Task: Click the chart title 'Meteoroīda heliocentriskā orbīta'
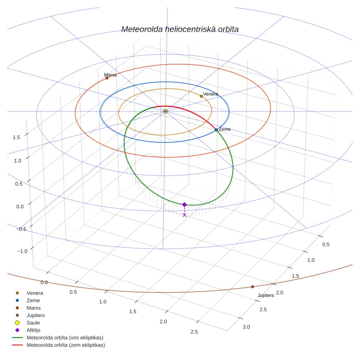pyautogui.click(x=180, y=30)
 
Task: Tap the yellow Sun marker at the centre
pyautogui.click(x=165, y=111)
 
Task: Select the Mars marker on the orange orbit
pyautogui.click(x=107, y=78)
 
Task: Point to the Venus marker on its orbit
pyautogui.click(x=201, y=96)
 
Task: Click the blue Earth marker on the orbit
pyautogui.click(x=216, y=130)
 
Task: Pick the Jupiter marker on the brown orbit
pyautogui.click(x=252, y=287)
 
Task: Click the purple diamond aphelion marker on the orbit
pyautogui.click(x=184, y=205)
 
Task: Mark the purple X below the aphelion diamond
pyautogui.click(x=184, y=215)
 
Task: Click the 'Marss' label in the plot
pyautogui.click(x=111, y=75)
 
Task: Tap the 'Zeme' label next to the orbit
pyautogui.click(x=224, y=129)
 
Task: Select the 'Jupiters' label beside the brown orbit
pyautogui.click(x=266, y=295)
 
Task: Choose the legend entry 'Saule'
pyautogui.click(x=33, y=323)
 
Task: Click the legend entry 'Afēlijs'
pyautogui.click(x=34, y=330)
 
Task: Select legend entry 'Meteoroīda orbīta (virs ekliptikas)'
pyautogui.click(x=65, y=338)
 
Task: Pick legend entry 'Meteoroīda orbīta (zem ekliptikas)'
pyautogui.click(x=66, y=345)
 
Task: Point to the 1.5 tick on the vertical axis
pyautogui.click(x=16, y=137)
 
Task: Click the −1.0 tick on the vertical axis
pyautogui.click(x=22, y=251)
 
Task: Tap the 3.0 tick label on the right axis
pyautogui.click(x=246, y=327)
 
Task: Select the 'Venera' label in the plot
pyautogui.click(x=211, y=94)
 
